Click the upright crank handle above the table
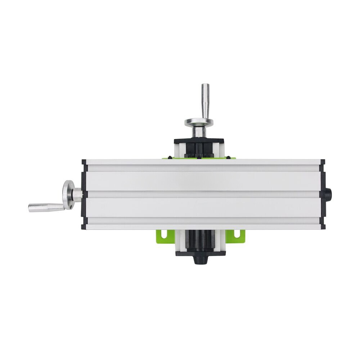coord(205,100)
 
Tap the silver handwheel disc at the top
coord(199,122)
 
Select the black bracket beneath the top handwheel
coord(199,142)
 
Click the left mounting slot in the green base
coord(164,234)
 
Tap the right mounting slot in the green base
coord(237,234)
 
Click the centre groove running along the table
coord(202,194)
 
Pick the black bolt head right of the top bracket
coord(229,157)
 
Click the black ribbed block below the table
coord(198,240)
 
